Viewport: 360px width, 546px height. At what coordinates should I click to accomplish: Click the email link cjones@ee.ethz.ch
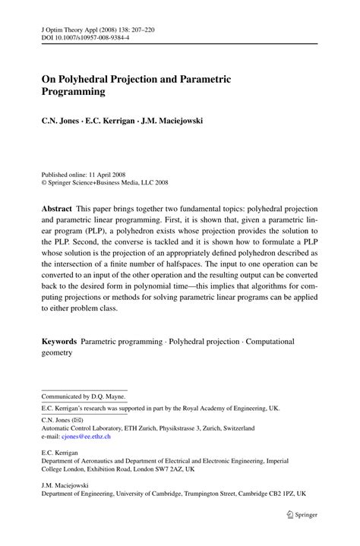pyautogui.click(x=85, y=437)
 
